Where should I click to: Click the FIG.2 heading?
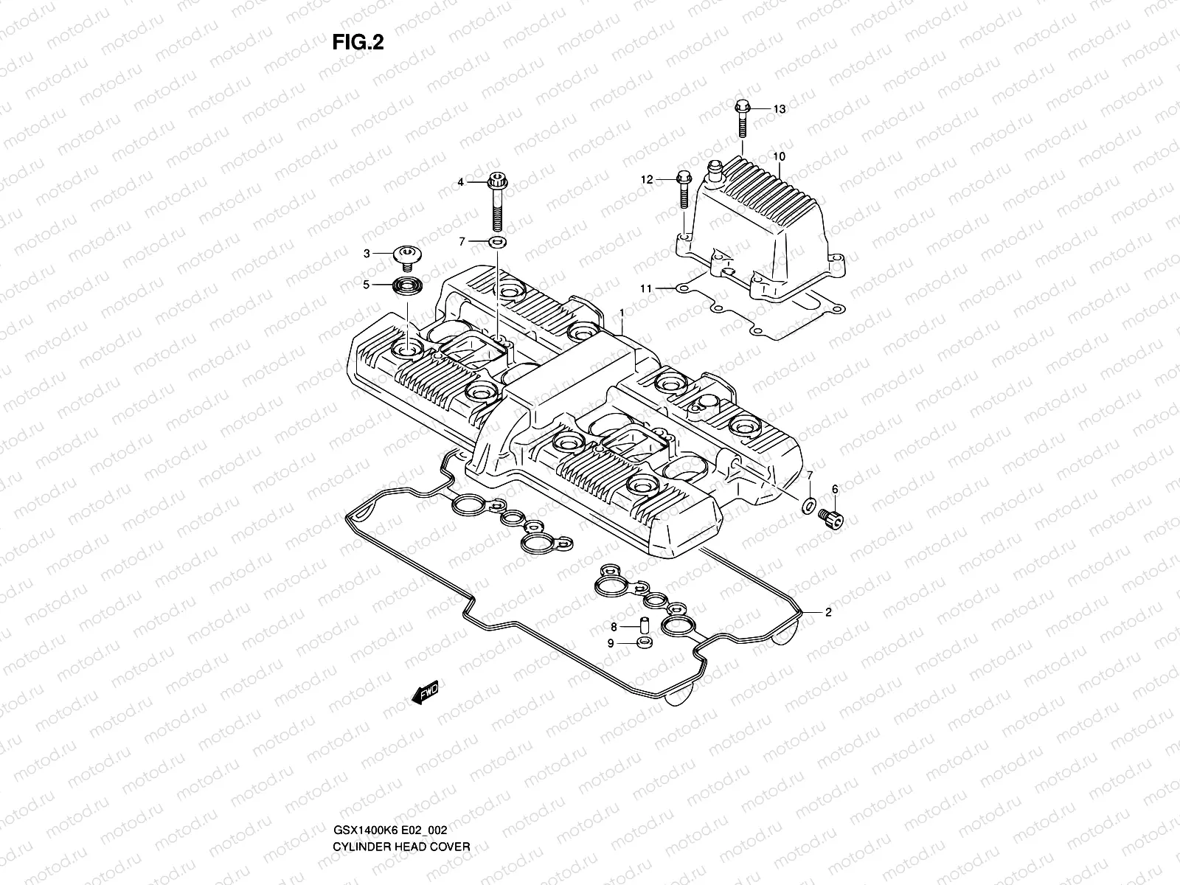[x=358, y=43]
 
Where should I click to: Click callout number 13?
[x=780, y=109]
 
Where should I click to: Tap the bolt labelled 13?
[x=742, y=118]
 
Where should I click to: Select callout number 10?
[x=780, y=156]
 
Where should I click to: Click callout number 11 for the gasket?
[x=646, y=288]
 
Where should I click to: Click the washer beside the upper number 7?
[x=498, y=242]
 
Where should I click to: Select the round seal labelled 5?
[x=406, y=284]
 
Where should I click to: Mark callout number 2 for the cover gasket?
[x=828, y=612]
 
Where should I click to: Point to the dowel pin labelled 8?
[x=642, y=625]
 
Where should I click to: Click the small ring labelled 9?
[x=643, y=643]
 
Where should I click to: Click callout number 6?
[x=835, y=489]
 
